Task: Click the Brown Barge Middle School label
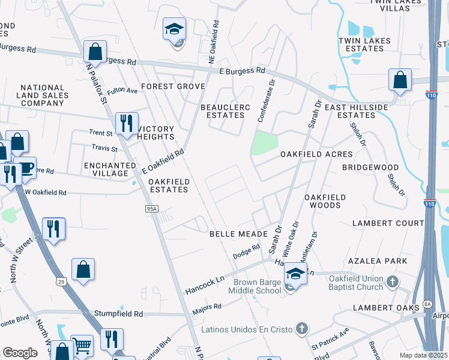tap(255, 286)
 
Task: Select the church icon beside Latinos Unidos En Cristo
tap(301, 329)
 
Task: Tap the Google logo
tap(20, 352)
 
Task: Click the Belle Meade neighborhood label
tap(234, 233)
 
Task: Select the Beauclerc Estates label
tap(221, 112)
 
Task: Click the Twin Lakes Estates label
tap(365, 45)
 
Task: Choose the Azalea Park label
tap(378, 261)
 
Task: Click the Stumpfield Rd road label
tap(118, 313)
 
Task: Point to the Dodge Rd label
tap(246, 251)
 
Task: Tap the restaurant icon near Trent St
tap(127, 123)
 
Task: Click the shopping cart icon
tap(82, 346)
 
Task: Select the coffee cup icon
tap(25, 167)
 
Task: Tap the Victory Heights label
tap(155, 133)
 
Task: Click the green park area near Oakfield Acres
tap(265, 143)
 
